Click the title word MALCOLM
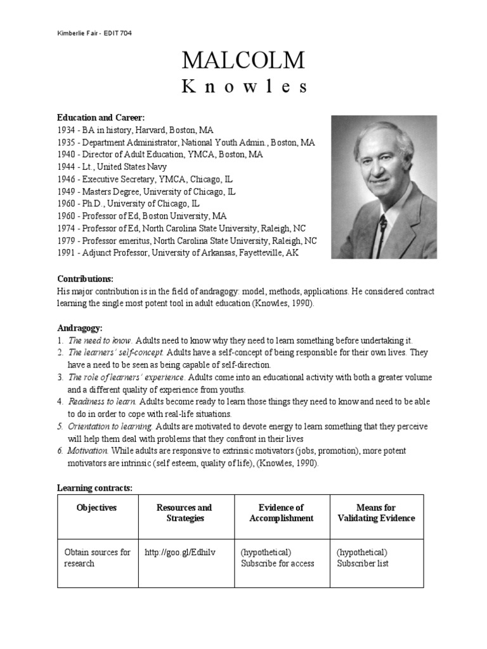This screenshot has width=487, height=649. click(243, 60)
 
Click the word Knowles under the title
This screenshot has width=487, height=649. click(243, 87)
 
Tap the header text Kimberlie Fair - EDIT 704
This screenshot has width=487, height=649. click(94, 33)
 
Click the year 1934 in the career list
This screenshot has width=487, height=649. click(67, 130)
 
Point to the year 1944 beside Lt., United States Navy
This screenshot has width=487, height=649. click(67, 167)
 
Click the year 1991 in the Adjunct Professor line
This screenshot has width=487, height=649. click(67, 253)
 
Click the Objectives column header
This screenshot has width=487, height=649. click(97, 508)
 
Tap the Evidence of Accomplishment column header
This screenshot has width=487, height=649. click(282, 513)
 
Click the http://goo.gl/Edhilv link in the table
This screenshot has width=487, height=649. click(180, 552)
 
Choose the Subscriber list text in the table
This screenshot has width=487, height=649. click(363, 563)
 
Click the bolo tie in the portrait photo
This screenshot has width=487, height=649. click(382, 224)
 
